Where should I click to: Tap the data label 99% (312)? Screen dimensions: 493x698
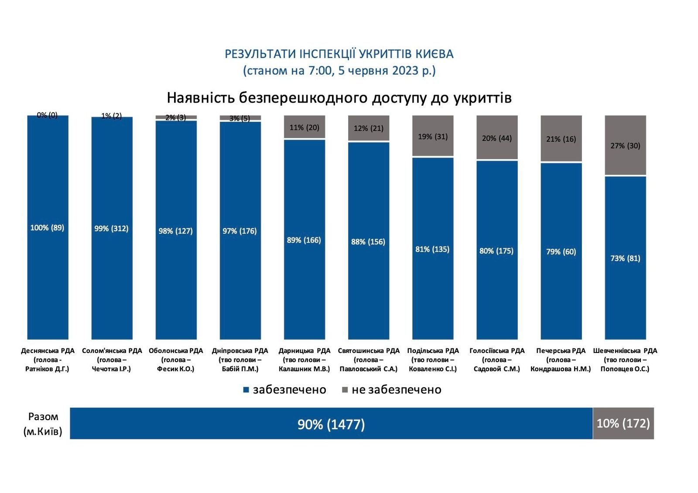[x=111, y=229]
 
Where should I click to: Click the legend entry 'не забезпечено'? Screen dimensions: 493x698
[x=391, y=390]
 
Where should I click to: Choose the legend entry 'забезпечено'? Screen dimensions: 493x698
[x=284, y=390]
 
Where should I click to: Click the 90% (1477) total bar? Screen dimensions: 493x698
[x=331, y=424]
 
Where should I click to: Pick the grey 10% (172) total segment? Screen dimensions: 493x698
[x=623, y=423]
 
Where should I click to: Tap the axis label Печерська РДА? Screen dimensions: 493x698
[x=561, y=351]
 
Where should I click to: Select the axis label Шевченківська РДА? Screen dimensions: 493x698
[x=625, y=351]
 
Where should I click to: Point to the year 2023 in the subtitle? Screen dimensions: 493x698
[x=405, y=71]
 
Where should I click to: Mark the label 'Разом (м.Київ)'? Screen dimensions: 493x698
[x=43, y=424]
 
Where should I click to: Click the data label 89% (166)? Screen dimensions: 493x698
[x=304, y=240]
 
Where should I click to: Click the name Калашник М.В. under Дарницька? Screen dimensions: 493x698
[x=305, y=369]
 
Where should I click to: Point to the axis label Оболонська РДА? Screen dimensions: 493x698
[x=176, y=351]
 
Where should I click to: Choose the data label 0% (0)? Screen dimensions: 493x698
[x=47, y=115]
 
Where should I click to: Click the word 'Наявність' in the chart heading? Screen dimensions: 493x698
[x=201, y=98]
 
